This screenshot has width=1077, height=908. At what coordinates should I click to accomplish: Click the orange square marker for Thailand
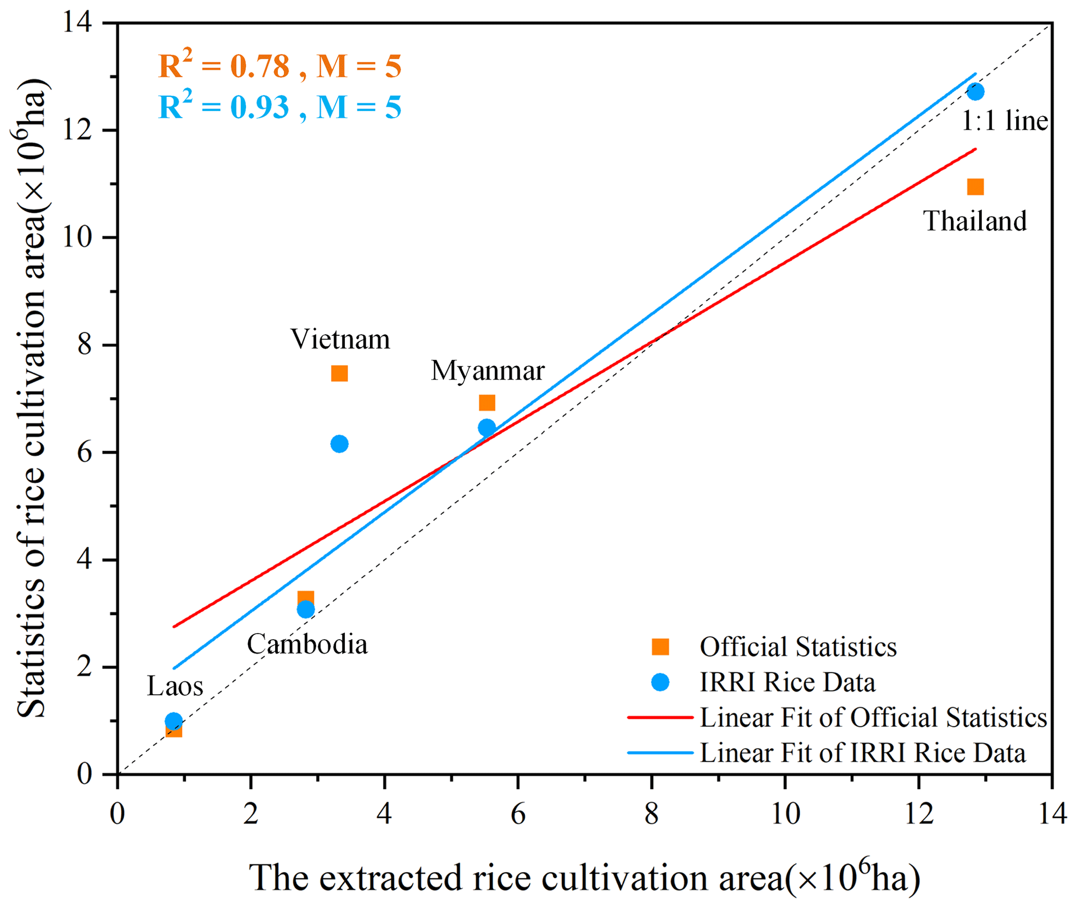click(975, 187)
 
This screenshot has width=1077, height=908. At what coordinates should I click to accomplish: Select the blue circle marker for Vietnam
click(339, 444)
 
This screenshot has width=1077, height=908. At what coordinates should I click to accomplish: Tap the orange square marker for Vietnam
click(339, 373)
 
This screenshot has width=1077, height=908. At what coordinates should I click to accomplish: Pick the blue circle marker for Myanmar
click(487, 427)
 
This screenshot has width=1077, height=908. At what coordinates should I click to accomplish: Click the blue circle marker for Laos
click(174, 721)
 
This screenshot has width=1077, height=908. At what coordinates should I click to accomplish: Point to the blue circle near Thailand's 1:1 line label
click(975, 92)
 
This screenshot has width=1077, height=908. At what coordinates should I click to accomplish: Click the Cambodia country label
click(307, 645)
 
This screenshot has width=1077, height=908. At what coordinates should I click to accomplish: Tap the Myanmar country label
click(488, 371)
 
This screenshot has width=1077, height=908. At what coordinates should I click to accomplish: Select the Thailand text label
click(975, 221)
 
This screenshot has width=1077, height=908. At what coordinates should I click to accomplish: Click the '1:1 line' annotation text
click(1004, 121)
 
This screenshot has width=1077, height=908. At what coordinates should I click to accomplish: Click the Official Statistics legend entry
click(798, 647)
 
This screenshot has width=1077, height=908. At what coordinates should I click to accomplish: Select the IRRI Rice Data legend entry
click(787, 683)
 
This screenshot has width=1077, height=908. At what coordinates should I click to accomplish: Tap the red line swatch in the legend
click(660, 717)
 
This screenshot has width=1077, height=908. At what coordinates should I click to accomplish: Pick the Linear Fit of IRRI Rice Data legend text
click(862, 753)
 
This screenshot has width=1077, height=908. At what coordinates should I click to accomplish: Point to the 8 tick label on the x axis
click(651, 814)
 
